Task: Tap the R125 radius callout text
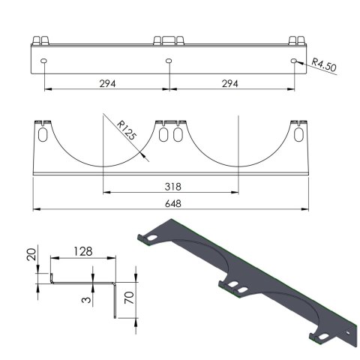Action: [127, 135]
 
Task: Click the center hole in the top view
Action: [169, 59]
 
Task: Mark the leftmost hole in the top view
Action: [44, 59]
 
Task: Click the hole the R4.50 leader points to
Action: [294, 59]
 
